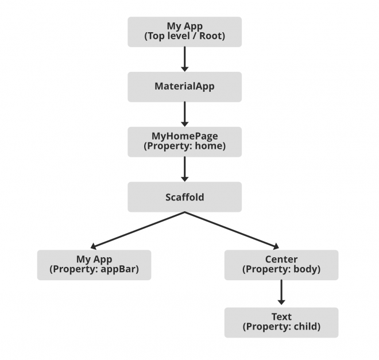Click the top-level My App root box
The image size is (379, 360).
point(184,32)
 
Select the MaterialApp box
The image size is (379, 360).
point(184,87)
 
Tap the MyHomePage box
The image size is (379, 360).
point(184,142)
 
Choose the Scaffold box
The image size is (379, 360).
point(184,197)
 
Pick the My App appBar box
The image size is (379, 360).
point(94,265)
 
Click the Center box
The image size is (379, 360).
point(281,265)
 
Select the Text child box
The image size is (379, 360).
point(281,322)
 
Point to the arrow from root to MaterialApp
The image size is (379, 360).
point(184,59)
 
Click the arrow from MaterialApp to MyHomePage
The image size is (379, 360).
point(184,114)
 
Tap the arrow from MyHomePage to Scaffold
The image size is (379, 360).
point(184,169)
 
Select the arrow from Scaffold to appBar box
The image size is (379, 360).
point(138,230)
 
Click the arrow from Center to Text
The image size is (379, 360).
point(281,293)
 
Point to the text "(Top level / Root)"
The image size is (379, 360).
point(184,36)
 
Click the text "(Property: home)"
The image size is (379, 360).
point(184,146)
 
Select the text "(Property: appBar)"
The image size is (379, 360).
point(94,269)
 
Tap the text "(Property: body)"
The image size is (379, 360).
point(281,269)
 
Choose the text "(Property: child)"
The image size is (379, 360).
point(281,327)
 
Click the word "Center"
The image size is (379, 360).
point(281,260)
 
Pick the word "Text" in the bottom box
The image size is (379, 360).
point(281,317)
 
